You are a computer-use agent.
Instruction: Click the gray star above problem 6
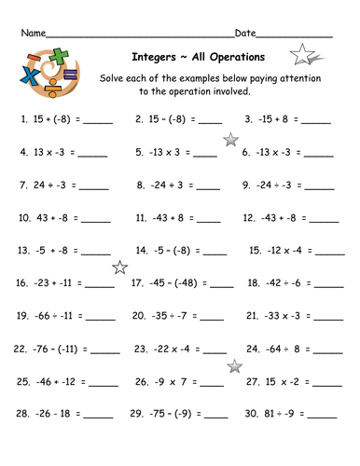tap(229, 140)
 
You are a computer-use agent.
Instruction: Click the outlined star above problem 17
tap(119, 268)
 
